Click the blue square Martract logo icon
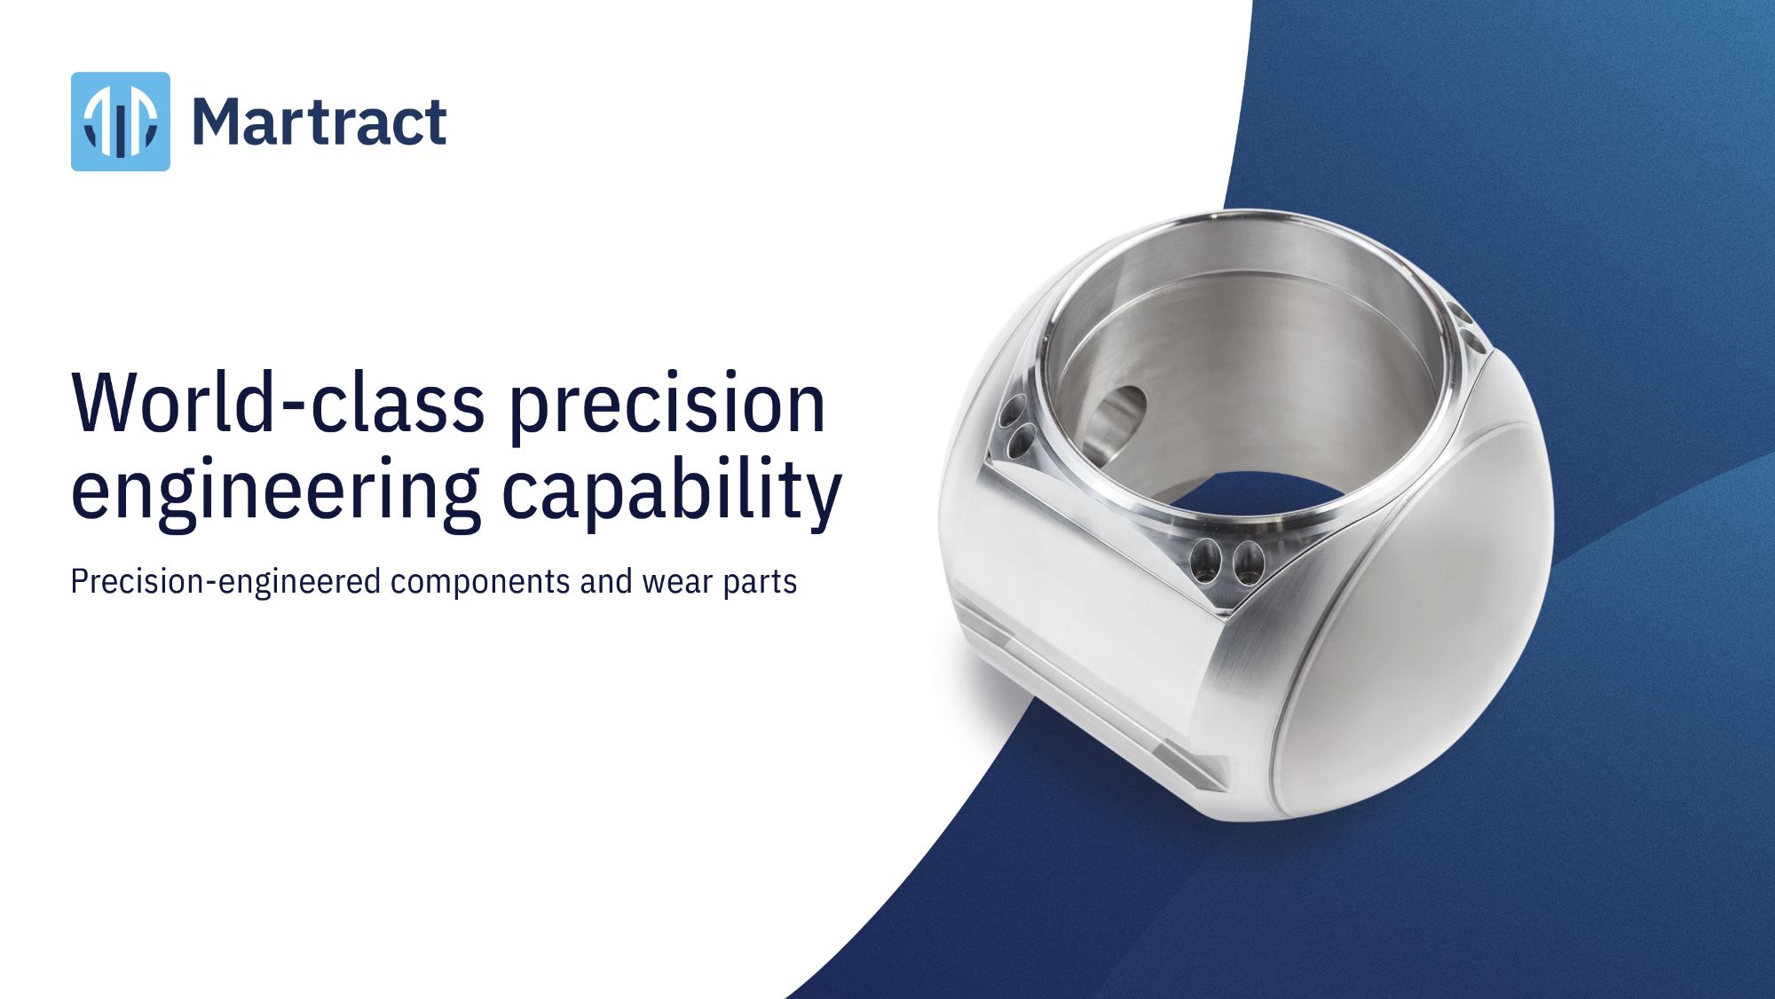[x=121, y=122]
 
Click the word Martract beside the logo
[x=319, y=122]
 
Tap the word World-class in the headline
[x=278, y=404]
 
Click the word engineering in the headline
[x=275, y=492]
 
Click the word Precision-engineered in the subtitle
[x=226, y=582]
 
